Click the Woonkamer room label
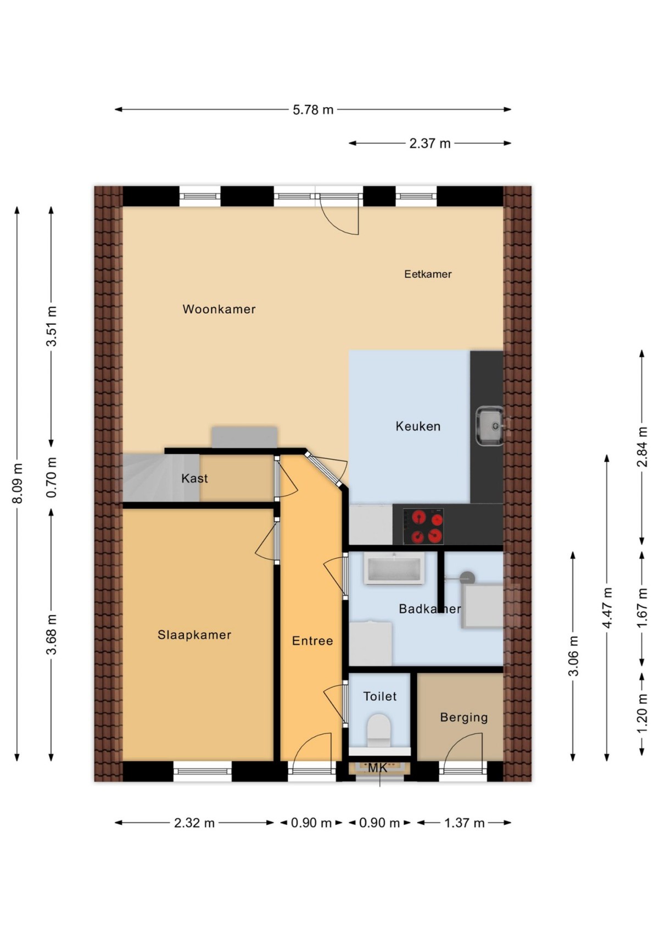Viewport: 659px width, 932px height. [x=219, y=309]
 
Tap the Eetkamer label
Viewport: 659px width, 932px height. [x=428, y=274]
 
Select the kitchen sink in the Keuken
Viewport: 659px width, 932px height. [x=489, y=426]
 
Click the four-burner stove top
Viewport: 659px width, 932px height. [x=423, y=526]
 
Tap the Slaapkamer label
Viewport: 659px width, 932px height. [x=194, y=635]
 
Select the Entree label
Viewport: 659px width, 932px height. [x=312, y=641]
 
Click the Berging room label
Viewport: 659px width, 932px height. [x=463, y=717]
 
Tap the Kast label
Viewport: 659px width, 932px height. [x=194, y=478]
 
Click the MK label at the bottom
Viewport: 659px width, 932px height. [x=377, y=768]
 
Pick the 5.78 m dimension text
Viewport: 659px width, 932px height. [x=313, y=109]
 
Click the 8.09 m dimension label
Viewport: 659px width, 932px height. [x=18, y=484]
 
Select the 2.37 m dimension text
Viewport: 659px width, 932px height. [x=429, y=143]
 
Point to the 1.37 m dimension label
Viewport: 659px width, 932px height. [x=464, y=823]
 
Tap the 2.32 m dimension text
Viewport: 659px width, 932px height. [x=194, y=823]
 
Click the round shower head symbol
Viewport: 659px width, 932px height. [x=467, y=578]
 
